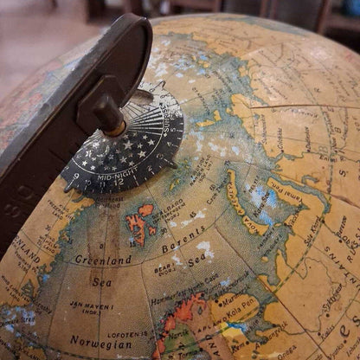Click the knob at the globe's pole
tap(111, 115)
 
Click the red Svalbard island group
tap(138, 222)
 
